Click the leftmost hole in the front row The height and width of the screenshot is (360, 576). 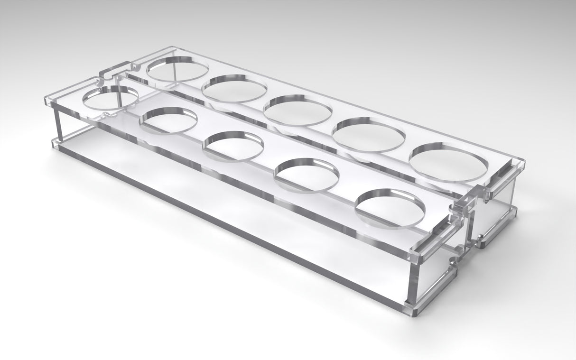[x=110, y=98]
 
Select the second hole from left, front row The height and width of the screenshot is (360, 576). [x=168, y=120]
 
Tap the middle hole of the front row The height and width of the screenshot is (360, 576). [x=233, y=146]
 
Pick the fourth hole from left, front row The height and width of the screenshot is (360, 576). [x=307, y=175]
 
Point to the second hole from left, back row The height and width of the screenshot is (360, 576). [x=235, y=89]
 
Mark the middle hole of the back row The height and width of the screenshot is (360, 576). [x=297, y=111]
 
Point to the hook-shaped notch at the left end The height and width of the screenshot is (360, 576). [x=110, y=74]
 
